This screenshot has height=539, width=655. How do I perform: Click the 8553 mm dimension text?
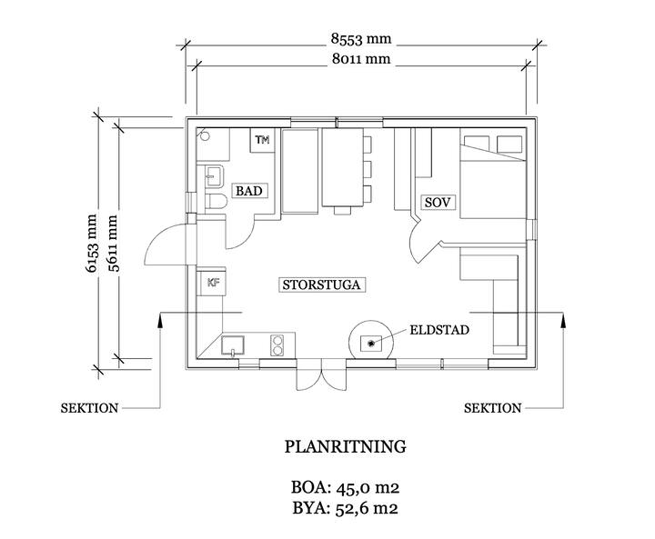pos(361,39)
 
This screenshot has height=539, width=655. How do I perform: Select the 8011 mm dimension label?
pos(361,59)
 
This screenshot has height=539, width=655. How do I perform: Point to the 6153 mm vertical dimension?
pos(91,243)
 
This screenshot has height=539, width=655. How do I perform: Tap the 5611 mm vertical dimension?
pos(113,243)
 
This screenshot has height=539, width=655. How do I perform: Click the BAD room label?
pos(249,191)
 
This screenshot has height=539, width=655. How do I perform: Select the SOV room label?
pos(438,203)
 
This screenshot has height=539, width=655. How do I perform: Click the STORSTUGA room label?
pos(321,284)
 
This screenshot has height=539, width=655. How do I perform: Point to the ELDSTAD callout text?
pos(439,330)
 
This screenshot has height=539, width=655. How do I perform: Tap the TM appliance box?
pos(262,140)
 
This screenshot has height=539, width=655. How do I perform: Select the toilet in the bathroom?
pos(216,202)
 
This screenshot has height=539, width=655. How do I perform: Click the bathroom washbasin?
pos(215,175)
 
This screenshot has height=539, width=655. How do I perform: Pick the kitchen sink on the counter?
pos(233,346)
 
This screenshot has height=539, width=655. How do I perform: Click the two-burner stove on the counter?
pos(277,345)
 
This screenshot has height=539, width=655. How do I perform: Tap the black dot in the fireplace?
pos(370,344)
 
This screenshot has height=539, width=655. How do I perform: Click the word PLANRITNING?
pos(345,446)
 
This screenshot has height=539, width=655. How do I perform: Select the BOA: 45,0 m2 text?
pos(345,487)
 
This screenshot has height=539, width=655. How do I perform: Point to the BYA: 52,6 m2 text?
pos(345,508)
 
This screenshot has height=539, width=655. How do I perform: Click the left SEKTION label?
pos(89,408)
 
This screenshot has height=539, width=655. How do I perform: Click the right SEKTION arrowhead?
pos(563,319)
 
